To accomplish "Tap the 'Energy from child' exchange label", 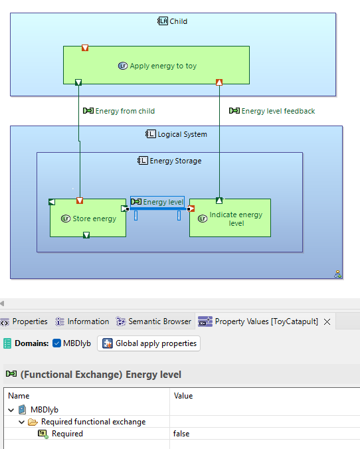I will tap(124, 111).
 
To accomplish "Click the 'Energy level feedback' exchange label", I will tap(278, 111).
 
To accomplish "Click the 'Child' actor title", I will tap(178, 21).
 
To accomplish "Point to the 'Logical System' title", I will tap(181, 134).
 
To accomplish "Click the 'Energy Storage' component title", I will tap(175, 161).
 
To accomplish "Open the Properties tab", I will tap(29, 321).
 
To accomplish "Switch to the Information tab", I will tap(87, 321).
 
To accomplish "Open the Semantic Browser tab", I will tap(159, 321).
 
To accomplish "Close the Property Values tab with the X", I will tap(327, 321).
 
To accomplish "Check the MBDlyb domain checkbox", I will tap(57, 343).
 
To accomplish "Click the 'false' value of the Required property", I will tap(181, 434).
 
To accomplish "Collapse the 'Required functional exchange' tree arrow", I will tap(22, 422).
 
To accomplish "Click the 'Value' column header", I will tap(183, 396).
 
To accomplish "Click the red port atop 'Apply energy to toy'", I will tap(85, 48).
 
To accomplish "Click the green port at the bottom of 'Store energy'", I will tap(86, 234).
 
